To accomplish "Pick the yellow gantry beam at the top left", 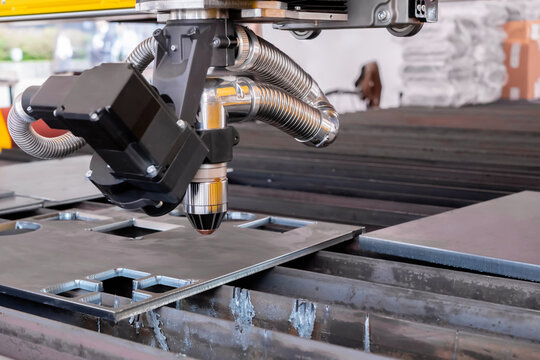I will click(60, 8).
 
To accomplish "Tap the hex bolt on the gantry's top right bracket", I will click(384, 15).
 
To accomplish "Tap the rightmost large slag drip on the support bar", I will click(302, 317).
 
